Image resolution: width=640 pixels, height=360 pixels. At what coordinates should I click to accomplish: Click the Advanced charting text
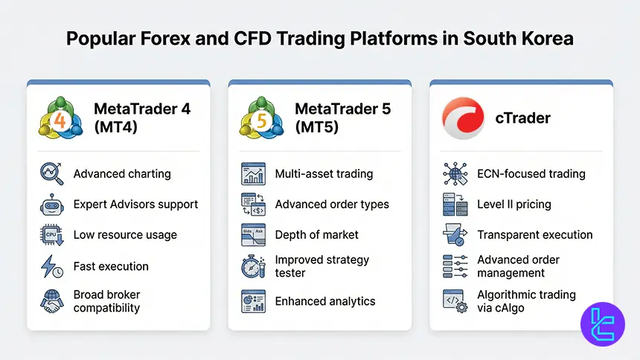(x=122, y=174)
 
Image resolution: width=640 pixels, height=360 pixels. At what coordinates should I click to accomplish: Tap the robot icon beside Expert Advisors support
(x=51, y=205)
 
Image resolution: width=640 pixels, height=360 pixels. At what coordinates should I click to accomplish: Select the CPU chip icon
(x=51, y=235)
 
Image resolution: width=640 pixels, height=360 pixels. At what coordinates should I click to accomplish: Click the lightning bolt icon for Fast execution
(x=51, y=266)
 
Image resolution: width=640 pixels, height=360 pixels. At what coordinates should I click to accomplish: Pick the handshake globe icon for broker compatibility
(x=51, y=300)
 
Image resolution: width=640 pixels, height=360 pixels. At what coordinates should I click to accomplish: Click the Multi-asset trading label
(x=324, y=174)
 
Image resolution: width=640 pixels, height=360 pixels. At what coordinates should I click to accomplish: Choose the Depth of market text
(x=317, y=235)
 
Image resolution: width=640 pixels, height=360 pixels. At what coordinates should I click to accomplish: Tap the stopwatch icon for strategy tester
(x=253, y=266)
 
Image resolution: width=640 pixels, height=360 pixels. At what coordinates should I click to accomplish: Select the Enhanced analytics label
(x=325, y=301)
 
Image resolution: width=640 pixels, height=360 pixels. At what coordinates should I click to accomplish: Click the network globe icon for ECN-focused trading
(x=455, y=174)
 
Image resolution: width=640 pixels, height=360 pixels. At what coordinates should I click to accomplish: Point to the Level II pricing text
(x=514, y=205)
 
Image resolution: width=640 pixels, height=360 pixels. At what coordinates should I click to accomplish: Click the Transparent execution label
(x=535, y=235)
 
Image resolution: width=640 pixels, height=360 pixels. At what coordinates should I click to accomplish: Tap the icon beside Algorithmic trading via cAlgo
(x=455, y=300)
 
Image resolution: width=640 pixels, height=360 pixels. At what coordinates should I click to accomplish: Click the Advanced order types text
(x=332, y=205)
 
